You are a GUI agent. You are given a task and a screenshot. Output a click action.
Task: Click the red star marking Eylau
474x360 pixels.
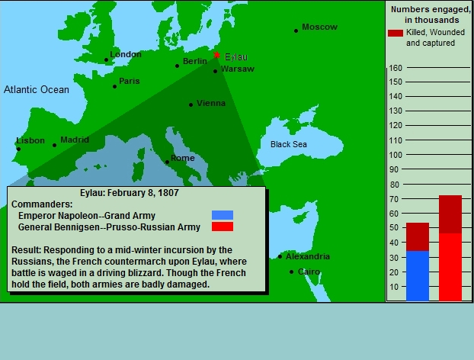click(x=216, y=55)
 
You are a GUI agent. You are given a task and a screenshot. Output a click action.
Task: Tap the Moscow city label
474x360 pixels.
click(x=319, y=27)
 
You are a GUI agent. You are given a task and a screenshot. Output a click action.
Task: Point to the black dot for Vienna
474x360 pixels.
click(x=191, y=105)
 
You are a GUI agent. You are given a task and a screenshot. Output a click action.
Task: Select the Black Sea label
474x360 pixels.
click(x=288, y=144)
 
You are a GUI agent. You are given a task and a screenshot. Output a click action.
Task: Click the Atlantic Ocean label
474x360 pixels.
click(x=37, y=89)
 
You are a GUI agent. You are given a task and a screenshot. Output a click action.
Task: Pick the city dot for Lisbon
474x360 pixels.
click(x=18, y=149)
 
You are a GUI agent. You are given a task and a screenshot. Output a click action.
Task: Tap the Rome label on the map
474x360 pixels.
click(x=183, y=158)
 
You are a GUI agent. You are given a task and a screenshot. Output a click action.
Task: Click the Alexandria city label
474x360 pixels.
click(x=308, y=256)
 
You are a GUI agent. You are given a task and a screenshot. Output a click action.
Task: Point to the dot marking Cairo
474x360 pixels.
click(x=291, y=272)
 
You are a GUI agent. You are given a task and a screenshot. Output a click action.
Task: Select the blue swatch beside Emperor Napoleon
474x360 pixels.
click(x=223, y=215)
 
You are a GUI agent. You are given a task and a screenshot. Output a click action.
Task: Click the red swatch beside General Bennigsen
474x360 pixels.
click(x=223, y=227)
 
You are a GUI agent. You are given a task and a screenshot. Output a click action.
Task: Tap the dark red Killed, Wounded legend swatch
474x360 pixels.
click(x=396, y=33)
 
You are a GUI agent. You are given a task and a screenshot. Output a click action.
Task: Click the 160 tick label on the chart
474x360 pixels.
click(x=396, y=68)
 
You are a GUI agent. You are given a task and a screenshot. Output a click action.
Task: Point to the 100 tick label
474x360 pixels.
click(x=396, y=155)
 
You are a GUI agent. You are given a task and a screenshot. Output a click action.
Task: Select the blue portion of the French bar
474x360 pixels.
click(x=418, y=275)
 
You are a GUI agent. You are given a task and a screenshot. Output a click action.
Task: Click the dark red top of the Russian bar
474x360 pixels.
click(x=450, y=214)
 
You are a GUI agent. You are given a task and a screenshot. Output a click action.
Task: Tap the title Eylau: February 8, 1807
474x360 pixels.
click(x=130, y=193)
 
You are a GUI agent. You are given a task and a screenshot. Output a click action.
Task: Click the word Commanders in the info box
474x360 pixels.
click(x=42, y=204)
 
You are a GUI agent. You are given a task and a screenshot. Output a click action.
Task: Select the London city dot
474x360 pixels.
click(x=106, y=60)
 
